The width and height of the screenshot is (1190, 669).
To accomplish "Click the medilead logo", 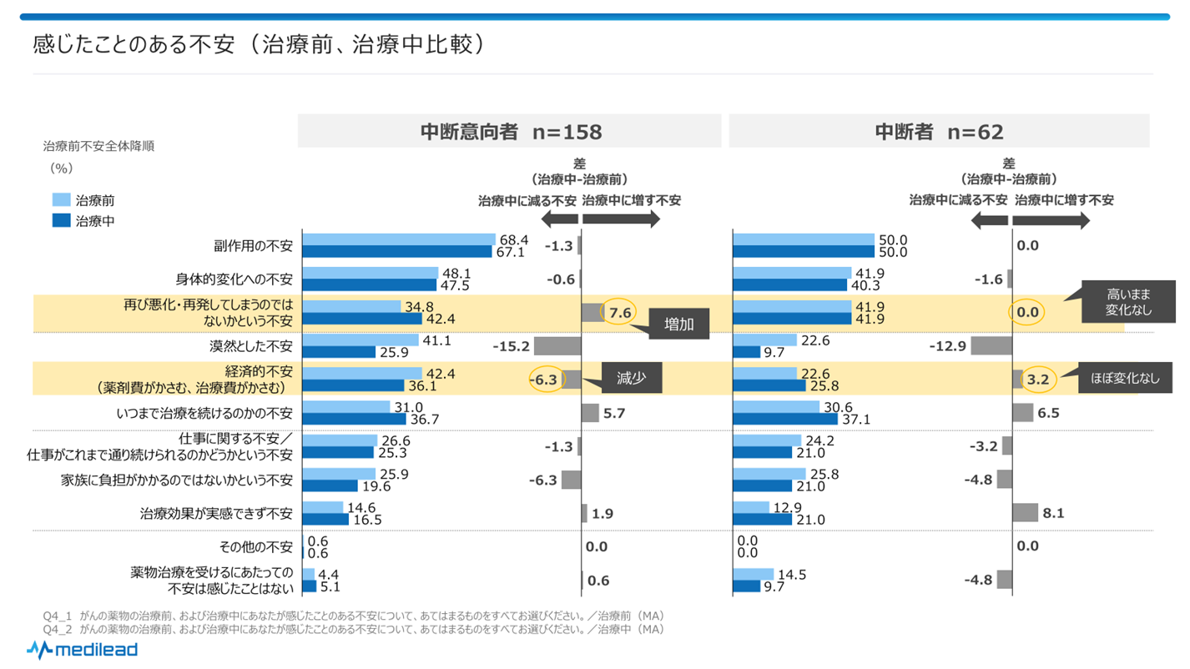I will tap(82, 649).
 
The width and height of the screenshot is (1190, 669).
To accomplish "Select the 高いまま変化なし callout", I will tap(1128, 301).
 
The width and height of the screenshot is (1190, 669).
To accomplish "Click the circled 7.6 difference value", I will tap(619, 312).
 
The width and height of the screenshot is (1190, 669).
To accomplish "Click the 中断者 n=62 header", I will tap(939, 132).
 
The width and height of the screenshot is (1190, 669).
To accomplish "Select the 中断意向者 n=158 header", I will tap(510, 132).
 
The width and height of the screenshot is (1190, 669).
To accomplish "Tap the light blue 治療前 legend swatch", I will tap(61, 200).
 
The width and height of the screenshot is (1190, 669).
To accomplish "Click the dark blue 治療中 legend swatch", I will tap(61, 221).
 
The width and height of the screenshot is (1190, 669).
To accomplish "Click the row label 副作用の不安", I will tap(253, 246).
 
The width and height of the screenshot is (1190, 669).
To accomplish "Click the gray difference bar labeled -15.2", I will tap(557, 345).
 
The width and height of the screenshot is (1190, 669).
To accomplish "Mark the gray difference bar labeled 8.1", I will tap(1025, 513).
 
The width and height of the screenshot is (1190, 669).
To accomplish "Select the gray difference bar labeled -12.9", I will tap(991, 345).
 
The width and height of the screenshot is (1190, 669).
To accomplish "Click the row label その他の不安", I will tap(255, 547).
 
